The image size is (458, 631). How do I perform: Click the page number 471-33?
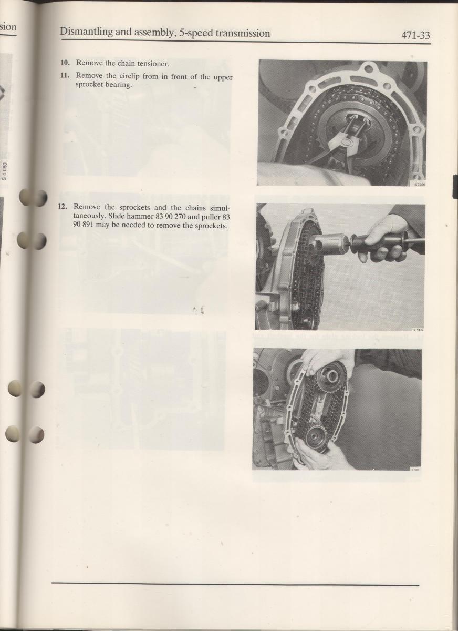point(415,35)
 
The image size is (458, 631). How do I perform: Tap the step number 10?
point(65,63)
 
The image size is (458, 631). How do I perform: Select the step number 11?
point(65,76)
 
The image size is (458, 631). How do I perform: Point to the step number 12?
point(63,207)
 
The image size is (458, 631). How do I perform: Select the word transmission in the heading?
point(243,34)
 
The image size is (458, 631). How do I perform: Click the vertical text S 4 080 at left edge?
point(4,171)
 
